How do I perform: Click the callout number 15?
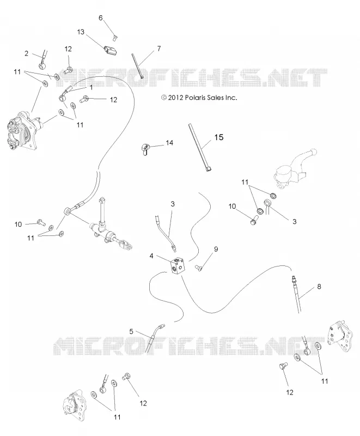(219, 137)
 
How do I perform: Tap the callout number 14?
(169, 143)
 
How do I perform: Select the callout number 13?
(81, 32)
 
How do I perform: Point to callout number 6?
(101, 18)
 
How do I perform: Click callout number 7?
(159, 49)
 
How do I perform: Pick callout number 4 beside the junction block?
(151, 256)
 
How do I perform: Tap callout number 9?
(216, 249)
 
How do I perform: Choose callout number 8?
(319, 286)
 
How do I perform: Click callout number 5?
(131, 331)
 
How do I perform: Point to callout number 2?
(26, 53)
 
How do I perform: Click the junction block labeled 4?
(178, 267)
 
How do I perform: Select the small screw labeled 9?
(199, 268)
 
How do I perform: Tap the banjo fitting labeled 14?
(145, 149)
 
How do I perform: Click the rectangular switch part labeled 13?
(111, 51)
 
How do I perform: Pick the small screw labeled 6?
(114, 38)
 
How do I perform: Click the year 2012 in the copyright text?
(175, 98)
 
